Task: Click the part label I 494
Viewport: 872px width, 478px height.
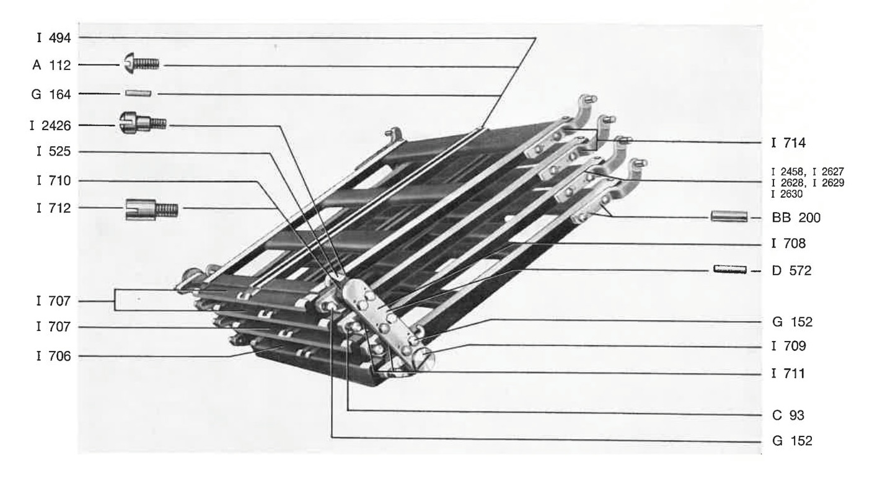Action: [x=54, y=38]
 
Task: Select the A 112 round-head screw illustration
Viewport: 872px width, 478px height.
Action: [x=141, y=63]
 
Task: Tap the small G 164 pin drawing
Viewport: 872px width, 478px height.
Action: [x=138, y=94]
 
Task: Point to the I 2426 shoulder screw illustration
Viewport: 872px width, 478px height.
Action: [x=143, y=123]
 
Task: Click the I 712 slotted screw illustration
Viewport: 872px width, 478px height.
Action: [x=152, y=210]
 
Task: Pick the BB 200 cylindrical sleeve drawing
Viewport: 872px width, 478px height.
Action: [x=729, y=216]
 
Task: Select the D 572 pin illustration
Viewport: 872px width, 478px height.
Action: [x=730, y=270]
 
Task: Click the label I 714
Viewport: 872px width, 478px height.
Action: [x=788, y=143]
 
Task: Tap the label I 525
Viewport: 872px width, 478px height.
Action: [x=54, y=151]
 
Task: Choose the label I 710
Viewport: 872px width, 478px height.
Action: [x=54, y=181]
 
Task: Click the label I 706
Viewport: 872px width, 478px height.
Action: [x=54, y=356]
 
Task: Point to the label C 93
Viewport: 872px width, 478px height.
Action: [x=788, y=415]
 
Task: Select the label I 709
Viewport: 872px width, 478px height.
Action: [x=789, y=346]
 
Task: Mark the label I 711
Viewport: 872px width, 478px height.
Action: [x=788, y=374]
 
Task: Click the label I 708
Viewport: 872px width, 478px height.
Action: [x=789, y=244]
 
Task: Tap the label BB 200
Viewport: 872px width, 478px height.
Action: [x=796, y=218]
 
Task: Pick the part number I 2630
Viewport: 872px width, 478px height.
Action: [x=786, y=194]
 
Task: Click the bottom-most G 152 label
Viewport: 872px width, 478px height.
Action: [x=792, y=441]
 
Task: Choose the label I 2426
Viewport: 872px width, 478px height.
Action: [x=51, y=125]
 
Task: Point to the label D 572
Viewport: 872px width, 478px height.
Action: [x=792, y=270]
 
